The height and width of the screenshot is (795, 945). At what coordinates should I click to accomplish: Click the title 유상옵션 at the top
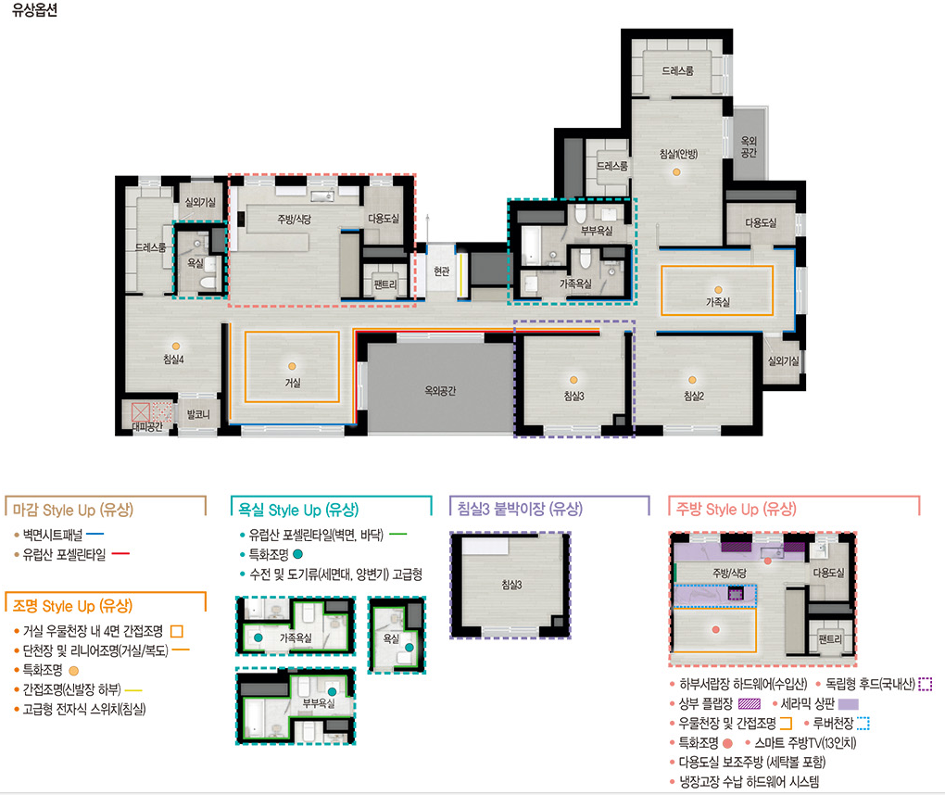tap(34, 10)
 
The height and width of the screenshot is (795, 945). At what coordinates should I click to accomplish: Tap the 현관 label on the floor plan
tap(442, 271)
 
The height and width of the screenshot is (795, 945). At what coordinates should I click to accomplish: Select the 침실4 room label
tap(173, 360)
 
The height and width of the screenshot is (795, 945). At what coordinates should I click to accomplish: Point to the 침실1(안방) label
tap(678, 154)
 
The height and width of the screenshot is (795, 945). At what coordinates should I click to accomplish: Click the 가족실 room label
tap(718, 302)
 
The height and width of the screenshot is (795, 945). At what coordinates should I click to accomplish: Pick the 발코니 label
tap(198, 414)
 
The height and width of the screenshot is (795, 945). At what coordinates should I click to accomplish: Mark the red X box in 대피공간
tap(141, 412)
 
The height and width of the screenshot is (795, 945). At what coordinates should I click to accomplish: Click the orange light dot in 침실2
tap(692, 380)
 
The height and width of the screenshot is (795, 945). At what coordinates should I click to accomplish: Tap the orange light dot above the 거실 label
tap(292, 366)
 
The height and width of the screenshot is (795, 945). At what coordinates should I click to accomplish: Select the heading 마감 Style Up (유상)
tap(73, 510)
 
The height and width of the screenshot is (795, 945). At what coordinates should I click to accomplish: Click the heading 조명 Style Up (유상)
tap(72, 606)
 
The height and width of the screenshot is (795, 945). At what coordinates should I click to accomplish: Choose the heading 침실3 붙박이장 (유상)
tap(520, 509)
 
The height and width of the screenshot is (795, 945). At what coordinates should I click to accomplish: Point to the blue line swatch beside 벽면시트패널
tap(95, 534)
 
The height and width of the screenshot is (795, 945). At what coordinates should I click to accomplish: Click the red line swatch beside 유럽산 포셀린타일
tap(120, 554)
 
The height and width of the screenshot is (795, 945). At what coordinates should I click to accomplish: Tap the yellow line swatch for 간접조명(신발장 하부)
tap(133, 690)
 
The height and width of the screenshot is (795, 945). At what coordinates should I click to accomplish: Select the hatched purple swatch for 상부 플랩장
tap(750, 703)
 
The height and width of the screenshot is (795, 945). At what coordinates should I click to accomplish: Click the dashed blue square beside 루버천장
tap(863, 724)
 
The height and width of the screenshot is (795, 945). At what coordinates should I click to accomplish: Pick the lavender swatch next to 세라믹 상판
tap(848, 703)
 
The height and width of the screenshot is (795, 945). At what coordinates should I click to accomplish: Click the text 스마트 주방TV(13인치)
tap(805, 742)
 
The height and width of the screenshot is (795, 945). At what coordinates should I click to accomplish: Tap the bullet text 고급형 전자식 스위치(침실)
tap(84, 709)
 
